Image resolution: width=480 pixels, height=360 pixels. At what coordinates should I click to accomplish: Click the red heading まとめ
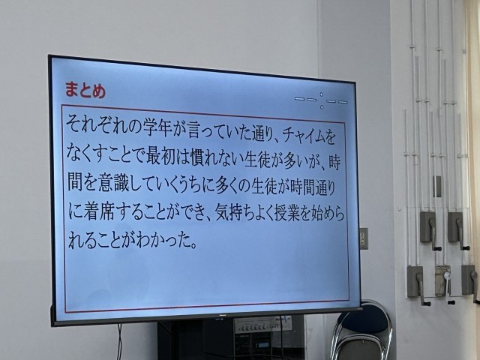(x=85, y=90)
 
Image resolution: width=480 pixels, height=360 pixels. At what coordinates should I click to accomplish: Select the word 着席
(x=99, y=210)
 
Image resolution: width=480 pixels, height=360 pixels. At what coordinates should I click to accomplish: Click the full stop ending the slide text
(x=193, y=245)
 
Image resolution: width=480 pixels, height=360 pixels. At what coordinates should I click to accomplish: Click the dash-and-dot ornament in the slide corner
(x=322, y=100)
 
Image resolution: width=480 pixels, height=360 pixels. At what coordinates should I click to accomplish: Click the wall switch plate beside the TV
(x=364, y=238)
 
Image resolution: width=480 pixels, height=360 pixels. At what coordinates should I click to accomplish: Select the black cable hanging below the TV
(x=119, y=342)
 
